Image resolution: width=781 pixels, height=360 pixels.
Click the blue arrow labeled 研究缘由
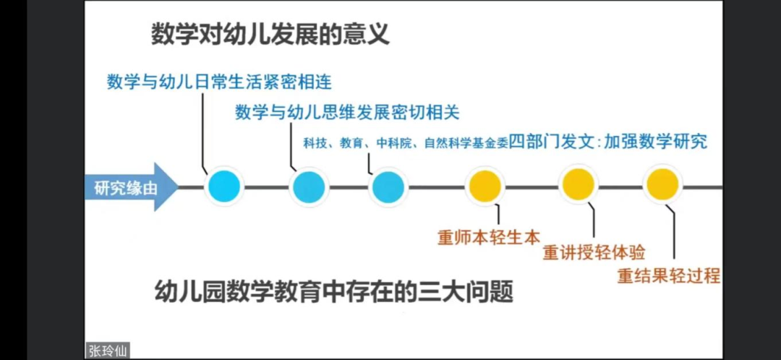(x=130, y=187)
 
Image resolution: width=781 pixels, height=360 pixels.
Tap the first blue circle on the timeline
(x=224, y=187)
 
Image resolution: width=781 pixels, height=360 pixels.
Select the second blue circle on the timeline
(x=309, y=187)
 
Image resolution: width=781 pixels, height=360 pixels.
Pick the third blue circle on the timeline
(x=388, y=187)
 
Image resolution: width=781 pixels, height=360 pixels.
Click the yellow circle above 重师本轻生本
(x=486, y=187)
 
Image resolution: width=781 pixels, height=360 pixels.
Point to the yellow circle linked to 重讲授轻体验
(x=579, y=185)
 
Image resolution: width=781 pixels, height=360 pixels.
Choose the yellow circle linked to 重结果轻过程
(x=662, y=185)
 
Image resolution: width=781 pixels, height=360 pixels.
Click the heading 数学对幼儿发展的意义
(x=270, y=35)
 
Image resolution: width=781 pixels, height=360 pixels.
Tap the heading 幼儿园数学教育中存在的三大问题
(x=333, y=292)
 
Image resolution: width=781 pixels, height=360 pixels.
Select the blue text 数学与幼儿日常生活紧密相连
(x=220, y=82)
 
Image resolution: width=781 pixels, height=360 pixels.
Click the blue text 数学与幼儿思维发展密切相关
(x=347, y=113)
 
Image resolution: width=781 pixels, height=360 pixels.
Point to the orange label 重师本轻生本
(x=489, y=237)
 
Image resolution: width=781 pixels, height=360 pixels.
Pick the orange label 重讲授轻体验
(x=594, y=253)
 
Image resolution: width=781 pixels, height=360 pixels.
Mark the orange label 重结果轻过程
(x=669, y=276)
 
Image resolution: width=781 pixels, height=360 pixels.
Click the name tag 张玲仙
(x=108, y=351)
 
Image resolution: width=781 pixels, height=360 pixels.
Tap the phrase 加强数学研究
(x=655, y=142)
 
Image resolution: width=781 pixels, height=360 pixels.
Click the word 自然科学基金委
(x=466, y=144)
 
